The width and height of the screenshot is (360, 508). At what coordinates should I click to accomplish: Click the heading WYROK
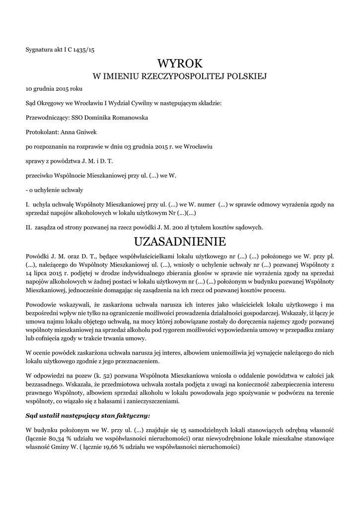[180, 63]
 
